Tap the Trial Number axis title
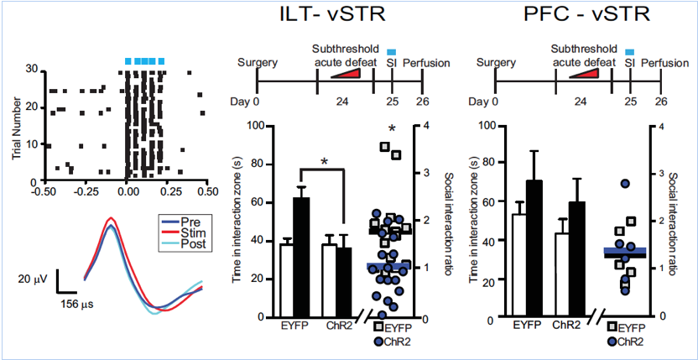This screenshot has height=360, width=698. (16, 126)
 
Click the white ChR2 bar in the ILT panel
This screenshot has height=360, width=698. (329, 280)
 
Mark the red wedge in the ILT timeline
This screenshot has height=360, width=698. (346, 75)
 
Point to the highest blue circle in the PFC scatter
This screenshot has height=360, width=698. (625, 183)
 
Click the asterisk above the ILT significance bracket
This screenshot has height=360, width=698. (324, 161)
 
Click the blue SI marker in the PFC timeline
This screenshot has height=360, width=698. (629, 52)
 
